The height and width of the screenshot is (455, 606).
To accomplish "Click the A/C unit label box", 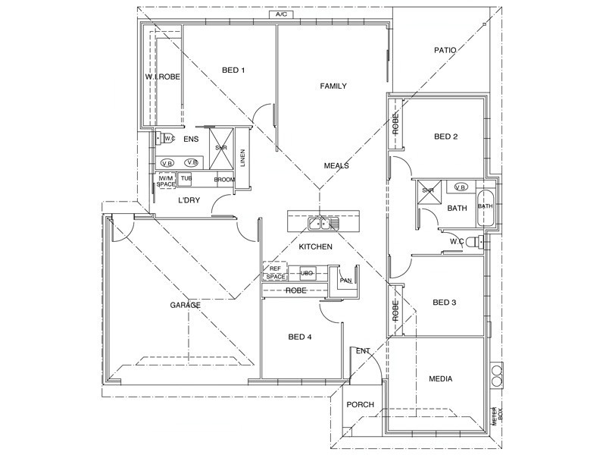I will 281,14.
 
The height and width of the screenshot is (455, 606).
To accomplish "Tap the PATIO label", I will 445,51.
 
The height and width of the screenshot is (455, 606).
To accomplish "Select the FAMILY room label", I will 333,86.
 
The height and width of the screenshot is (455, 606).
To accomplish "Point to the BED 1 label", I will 233,71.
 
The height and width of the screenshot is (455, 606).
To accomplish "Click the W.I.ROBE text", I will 162,77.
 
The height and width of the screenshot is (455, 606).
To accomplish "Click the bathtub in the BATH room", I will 484,206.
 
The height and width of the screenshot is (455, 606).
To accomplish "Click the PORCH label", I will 360,405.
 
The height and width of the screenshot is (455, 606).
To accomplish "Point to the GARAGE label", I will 185,305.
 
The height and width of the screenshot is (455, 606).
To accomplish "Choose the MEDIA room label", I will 441,378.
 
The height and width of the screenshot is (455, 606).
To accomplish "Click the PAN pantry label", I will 345,281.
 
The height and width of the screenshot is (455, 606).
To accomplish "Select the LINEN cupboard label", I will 243,158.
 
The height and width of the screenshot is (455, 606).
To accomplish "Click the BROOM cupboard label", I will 224,180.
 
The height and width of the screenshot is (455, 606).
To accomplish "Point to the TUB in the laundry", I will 186,179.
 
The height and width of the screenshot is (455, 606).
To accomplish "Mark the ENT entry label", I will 363,350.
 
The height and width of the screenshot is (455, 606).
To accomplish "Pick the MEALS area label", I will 336,166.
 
